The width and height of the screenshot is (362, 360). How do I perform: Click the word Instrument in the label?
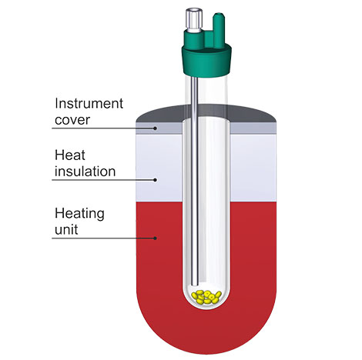coord(89,104)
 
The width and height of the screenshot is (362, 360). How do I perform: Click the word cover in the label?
coord(72,120)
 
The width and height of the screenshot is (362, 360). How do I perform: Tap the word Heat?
coord(70,155)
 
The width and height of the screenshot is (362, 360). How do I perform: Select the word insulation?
coord(85,172)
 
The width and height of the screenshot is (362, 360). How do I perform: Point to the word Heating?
coord(79,215)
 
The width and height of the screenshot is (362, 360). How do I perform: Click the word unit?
coord(66,229)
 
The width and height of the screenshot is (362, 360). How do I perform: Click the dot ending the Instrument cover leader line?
coord(155,128)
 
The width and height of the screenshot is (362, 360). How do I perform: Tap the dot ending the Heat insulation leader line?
coord(155,180)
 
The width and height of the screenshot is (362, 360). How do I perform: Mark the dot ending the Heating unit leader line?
coord(155,238)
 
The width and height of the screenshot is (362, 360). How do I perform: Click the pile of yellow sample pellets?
coord(206,297)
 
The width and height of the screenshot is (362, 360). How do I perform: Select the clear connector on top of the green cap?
coord(194,21)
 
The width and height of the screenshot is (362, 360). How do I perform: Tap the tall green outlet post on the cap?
coord(219,31)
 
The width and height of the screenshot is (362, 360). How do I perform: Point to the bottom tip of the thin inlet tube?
coord(195,285)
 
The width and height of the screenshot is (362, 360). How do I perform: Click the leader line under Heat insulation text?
coord(103,180)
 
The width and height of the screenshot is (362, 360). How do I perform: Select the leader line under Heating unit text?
coord(103,238)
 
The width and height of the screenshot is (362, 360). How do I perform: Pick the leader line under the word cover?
coord(103,128)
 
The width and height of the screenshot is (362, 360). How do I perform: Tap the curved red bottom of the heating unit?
coord(206,333)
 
